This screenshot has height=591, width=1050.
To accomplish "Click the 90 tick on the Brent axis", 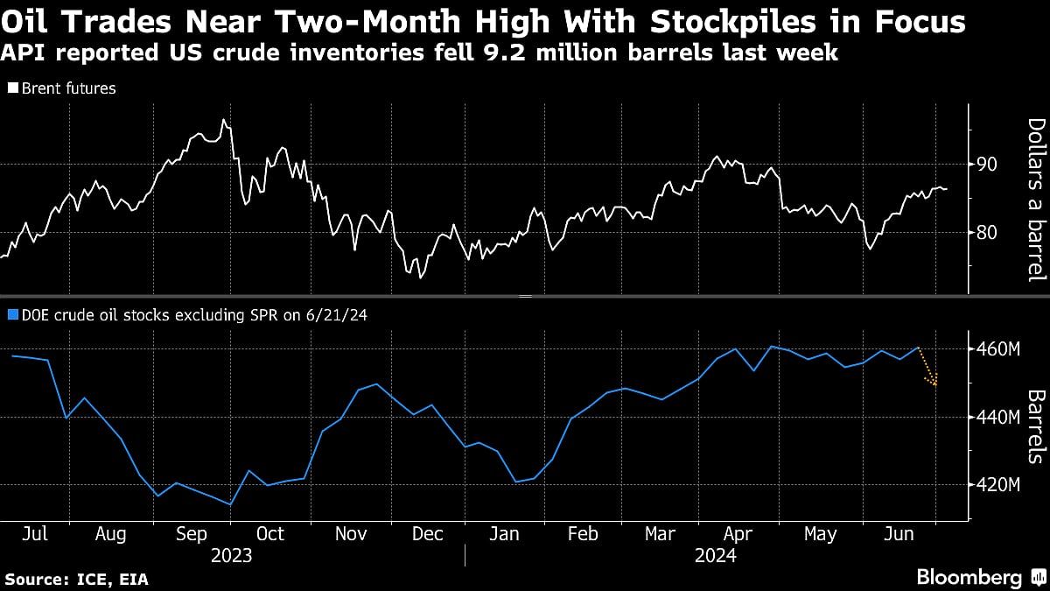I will pos(987,165).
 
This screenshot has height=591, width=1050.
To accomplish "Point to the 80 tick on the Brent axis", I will pos(987,233).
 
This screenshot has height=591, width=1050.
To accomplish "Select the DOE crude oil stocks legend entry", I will pos(186,315).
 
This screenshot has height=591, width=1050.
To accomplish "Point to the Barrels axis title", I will pos(1035,426).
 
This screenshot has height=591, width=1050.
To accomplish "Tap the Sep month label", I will pos(191,534).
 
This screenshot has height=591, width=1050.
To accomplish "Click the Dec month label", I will pos(427,534).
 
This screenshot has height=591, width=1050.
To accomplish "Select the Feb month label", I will pos(583,534).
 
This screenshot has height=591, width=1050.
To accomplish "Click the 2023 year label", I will pos(231,556).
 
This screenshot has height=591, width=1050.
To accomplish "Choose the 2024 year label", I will pos(716,556).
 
